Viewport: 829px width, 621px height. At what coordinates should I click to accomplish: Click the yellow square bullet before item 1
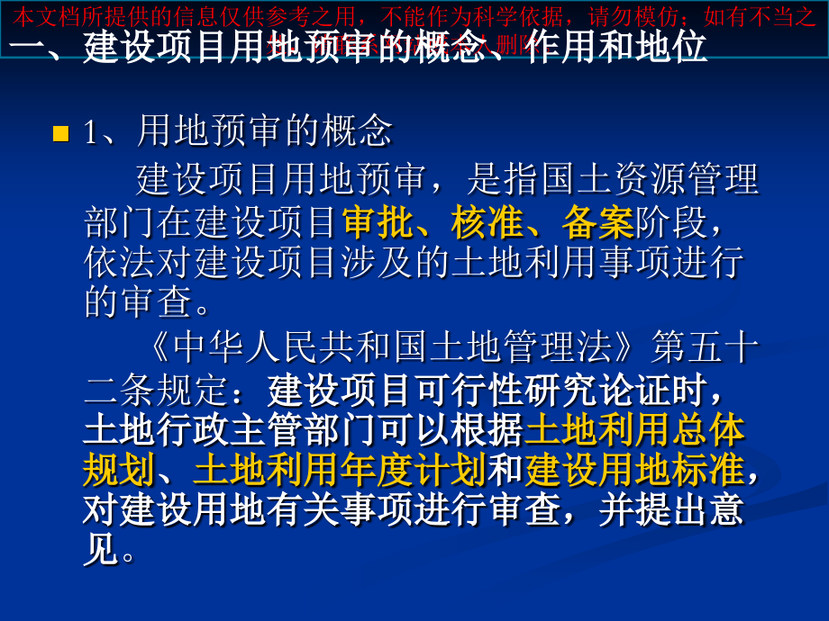[x=61, y=134]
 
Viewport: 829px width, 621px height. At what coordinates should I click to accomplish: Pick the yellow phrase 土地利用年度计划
[x=339, y=469]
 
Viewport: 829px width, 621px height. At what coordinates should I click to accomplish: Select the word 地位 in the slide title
[x=670, y=47]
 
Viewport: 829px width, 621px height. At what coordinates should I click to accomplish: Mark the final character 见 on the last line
[x=100, y=549]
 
